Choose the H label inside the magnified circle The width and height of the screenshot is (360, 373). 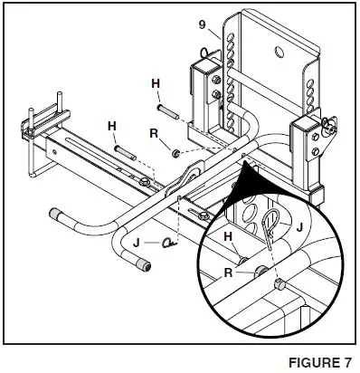[230, 238]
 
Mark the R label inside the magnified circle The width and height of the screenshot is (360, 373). [230, 269]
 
